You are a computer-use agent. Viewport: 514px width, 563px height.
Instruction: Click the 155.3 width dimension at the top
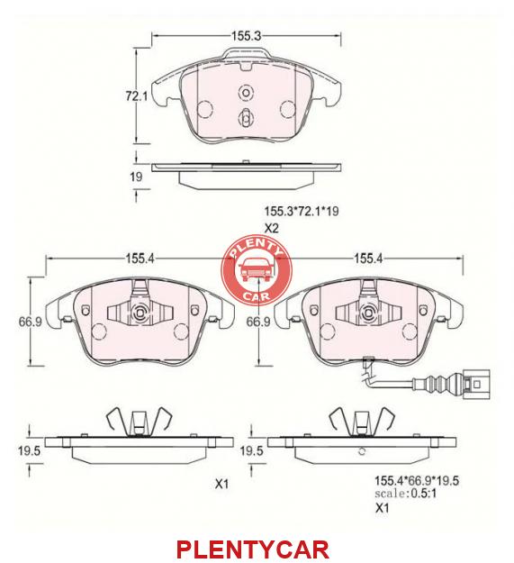click(247, 36)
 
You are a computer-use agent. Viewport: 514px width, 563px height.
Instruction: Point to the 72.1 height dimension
click(136, 96)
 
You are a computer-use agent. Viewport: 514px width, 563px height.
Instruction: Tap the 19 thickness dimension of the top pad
click(136, 177)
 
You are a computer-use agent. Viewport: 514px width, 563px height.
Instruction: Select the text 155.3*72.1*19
click(302, 211)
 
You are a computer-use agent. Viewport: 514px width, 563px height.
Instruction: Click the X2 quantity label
click(272, 229)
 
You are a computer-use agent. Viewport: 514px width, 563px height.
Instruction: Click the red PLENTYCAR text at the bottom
click(253, 549)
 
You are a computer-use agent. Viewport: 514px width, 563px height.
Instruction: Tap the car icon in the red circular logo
click(256, 270)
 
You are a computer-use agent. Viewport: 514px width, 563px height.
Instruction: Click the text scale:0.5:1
click(406, 494)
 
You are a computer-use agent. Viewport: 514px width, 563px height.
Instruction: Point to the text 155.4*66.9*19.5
click(417, 480)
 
